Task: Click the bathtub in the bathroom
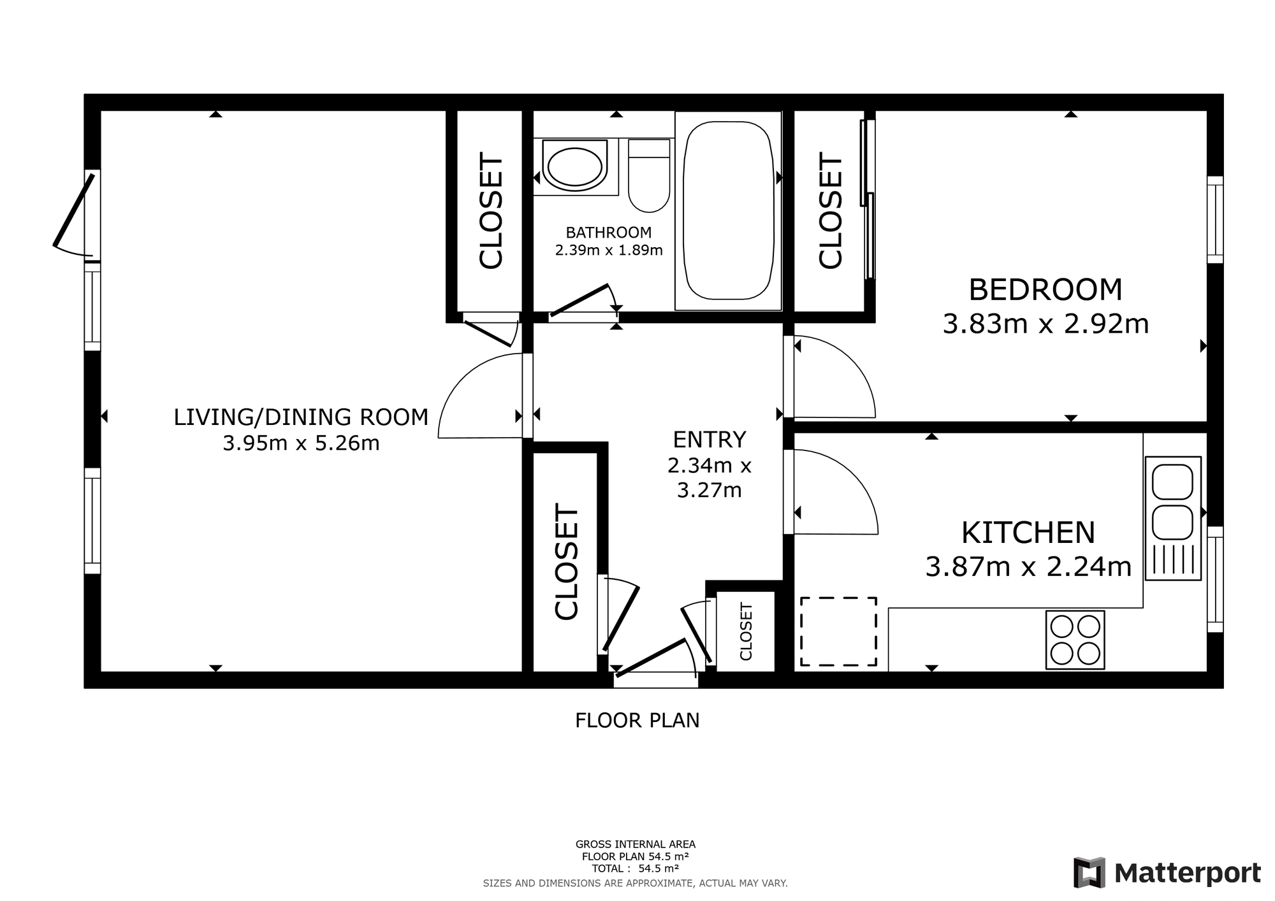point(728,211)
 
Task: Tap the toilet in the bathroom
point(649,175)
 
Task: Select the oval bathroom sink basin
point(575,168)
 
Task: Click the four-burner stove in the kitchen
point(1075,640)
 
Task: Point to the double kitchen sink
point(1173,518)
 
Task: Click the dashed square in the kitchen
point(838,631)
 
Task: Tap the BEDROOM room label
point(1045,290)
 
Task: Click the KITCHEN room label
point(1028,533)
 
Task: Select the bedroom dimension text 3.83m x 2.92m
point(1045,324)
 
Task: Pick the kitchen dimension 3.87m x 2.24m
point(1028,566)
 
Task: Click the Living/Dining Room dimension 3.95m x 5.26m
point(301,443)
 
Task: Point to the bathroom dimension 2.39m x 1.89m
point(609,250)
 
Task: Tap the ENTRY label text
point(710,440)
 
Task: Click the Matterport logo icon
point(1089,872)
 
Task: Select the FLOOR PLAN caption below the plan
point(637,721)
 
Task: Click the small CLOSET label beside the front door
point(746,631)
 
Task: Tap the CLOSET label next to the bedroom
point(831,210)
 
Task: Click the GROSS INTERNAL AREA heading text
point(636,845)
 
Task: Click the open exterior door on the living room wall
point(73,212)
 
